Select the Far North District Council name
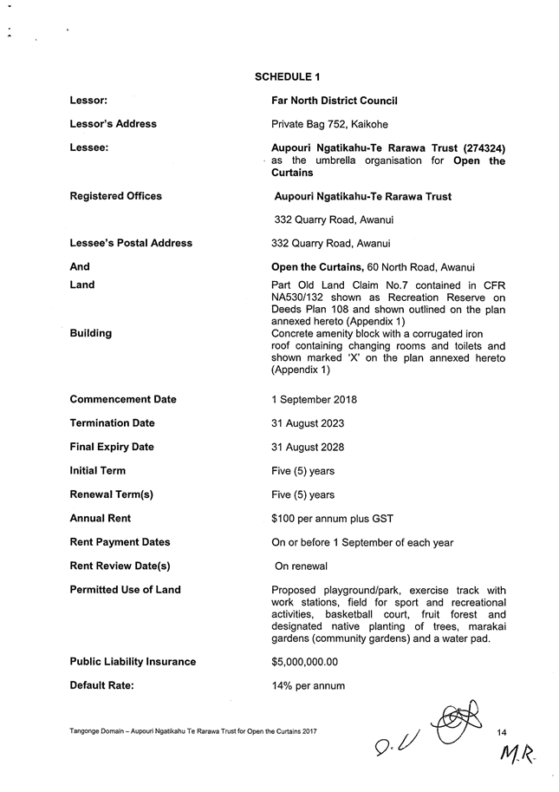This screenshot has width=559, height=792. point(334,101)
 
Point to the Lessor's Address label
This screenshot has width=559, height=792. point(113,124)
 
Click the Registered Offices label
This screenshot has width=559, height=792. point(115,196)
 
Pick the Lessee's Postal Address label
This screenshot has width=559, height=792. point(130,243)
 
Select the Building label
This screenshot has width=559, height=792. point(90,333)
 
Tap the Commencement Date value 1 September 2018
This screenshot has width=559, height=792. point(314,400)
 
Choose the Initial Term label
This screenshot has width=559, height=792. point(97,470)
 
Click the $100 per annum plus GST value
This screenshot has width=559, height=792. point(332,519)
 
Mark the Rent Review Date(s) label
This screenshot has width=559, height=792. point(119,566)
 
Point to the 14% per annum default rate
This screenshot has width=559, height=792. point(308,686)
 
